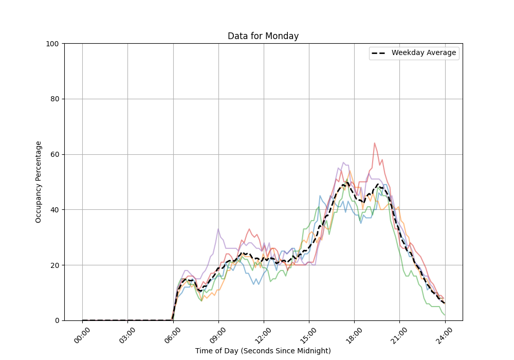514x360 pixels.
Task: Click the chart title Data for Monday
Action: click(263, 36)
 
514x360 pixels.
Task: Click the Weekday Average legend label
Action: click(424, 53)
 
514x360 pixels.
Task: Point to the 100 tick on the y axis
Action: click(53, 44)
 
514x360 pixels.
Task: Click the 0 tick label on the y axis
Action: click(57, 320)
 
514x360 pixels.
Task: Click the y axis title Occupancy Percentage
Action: click(39, 182)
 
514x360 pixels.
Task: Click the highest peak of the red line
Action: click(375, 143)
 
